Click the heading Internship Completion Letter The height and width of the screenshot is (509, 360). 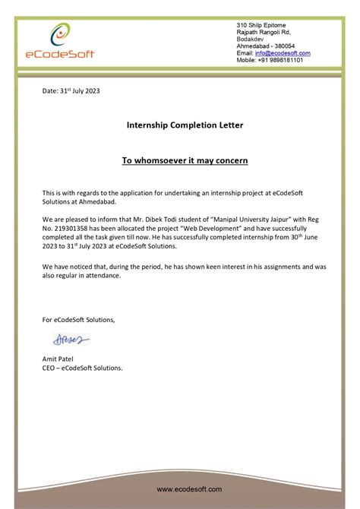185,125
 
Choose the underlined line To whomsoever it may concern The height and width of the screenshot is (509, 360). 185,161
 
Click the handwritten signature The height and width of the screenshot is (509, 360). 71,340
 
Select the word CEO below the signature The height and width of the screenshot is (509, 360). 50,367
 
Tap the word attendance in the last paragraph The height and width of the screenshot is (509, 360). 103,276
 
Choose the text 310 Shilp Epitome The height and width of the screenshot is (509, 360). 262,25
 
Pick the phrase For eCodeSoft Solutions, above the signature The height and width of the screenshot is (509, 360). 78,319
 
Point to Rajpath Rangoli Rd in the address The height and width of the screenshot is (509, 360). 264,32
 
